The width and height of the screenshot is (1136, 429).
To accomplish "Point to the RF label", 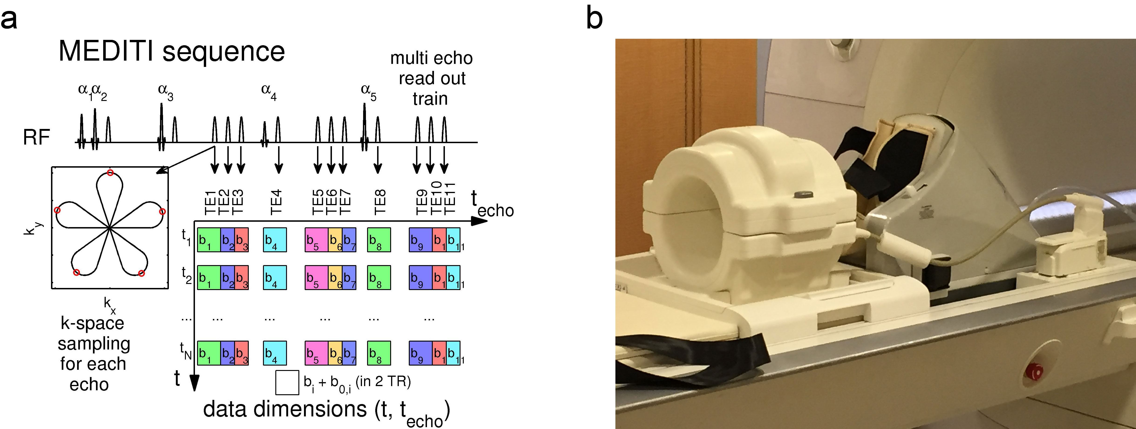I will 36,137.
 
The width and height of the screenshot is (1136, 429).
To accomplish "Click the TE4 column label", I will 276,202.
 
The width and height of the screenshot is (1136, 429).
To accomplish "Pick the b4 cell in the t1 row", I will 275,240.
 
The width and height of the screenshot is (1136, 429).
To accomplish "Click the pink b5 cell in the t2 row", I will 316,277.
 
